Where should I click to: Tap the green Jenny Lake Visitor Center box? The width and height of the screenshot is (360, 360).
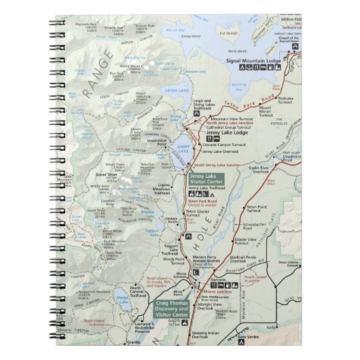(206, 180)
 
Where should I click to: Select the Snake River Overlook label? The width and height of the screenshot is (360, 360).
(264, 170)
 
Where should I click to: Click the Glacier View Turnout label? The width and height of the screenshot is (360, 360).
(246, 241)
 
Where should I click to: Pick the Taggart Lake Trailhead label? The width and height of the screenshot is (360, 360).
(170, 250)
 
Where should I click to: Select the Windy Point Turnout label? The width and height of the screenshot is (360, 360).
(174, 260)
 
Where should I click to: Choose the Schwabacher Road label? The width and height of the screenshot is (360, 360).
(253, 225)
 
